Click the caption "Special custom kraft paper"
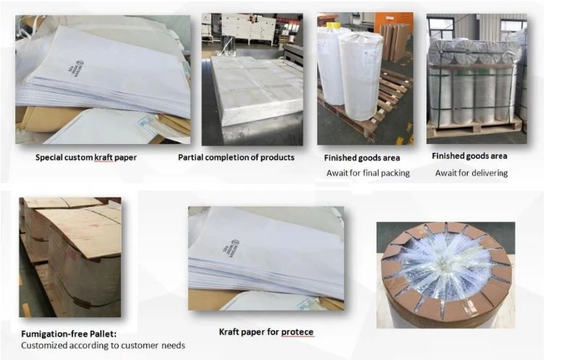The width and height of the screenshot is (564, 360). pos(86,157)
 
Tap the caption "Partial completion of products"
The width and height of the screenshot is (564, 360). pos(236,157)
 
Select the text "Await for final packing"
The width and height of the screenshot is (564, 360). pos(368,173)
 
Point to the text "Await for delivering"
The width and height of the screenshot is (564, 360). pos(471,173)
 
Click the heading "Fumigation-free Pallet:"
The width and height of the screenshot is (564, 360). pos(69,334)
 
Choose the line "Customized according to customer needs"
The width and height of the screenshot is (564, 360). pos(103,346)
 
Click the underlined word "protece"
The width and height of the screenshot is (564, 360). pos(297,332)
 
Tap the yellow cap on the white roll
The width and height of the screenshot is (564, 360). pos(334,25)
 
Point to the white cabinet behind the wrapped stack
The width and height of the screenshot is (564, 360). pos(248,29)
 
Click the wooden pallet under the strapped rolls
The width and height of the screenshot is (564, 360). pos(474,127)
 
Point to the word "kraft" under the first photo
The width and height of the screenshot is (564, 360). pos(104,157)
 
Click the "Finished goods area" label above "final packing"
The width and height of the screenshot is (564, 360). pos(362,158)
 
